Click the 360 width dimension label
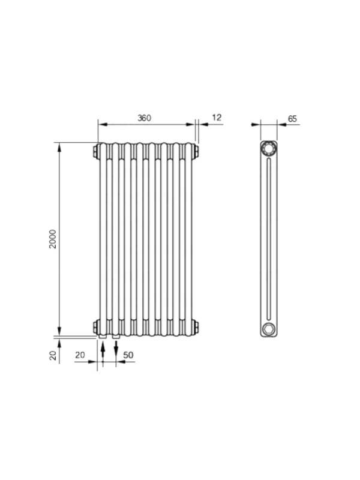pos(144,118)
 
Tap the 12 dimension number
pos(217,118)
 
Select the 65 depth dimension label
pos(292,119)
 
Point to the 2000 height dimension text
pos(53,239)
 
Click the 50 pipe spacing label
pos(128,355)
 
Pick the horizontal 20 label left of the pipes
pos(80,355)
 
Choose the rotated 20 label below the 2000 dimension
pos(53,355)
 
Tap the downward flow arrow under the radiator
pos(116,349)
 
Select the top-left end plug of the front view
pos(95,151)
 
